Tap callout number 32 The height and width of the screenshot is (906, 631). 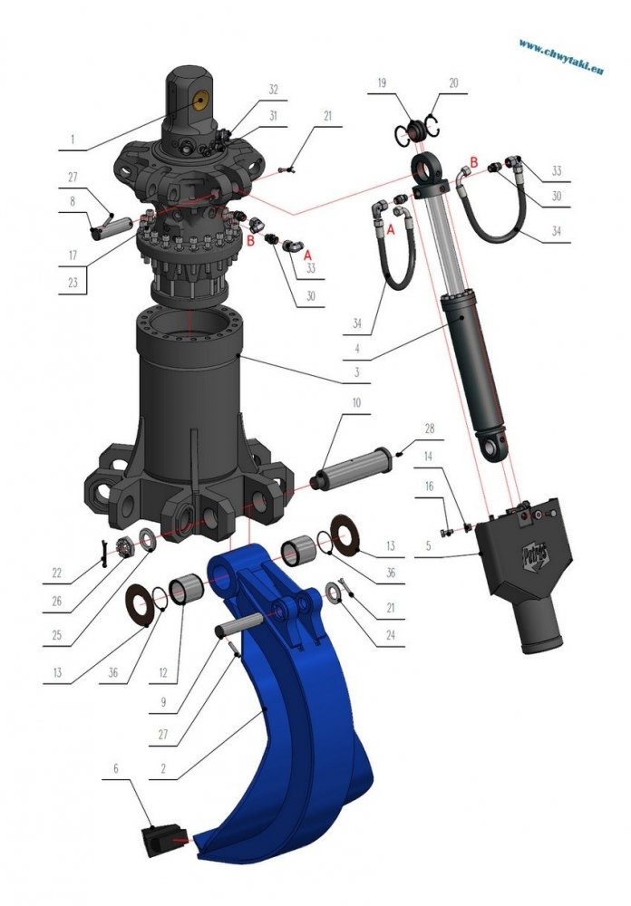click(x=274, y=89)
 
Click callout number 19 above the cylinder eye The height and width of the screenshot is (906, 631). click(x=381, y=82)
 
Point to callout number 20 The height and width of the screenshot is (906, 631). click(x=453, y=82)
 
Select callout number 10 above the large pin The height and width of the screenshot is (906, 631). click(x=357, y=401)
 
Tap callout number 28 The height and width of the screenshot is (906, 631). click(x=430, y=427)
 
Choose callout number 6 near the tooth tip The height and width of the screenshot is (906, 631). click(x=116, y=767)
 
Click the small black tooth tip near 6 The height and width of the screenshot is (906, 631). click(x=160, y=839)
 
